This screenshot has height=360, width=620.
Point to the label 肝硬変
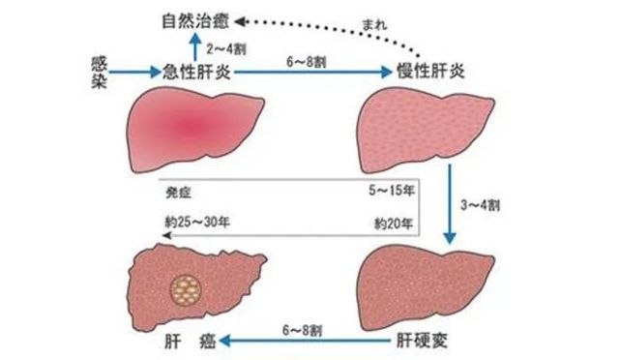click(x=419, y=343)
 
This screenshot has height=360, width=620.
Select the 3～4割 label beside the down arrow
click(x=483, y=204)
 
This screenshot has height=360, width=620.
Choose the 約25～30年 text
click(x=198, y=222)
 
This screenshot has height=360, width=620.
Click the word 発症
click(x=177, y=190)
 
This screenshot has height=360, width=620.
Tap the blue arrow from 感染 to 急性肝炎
click(x=133, y=72)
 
